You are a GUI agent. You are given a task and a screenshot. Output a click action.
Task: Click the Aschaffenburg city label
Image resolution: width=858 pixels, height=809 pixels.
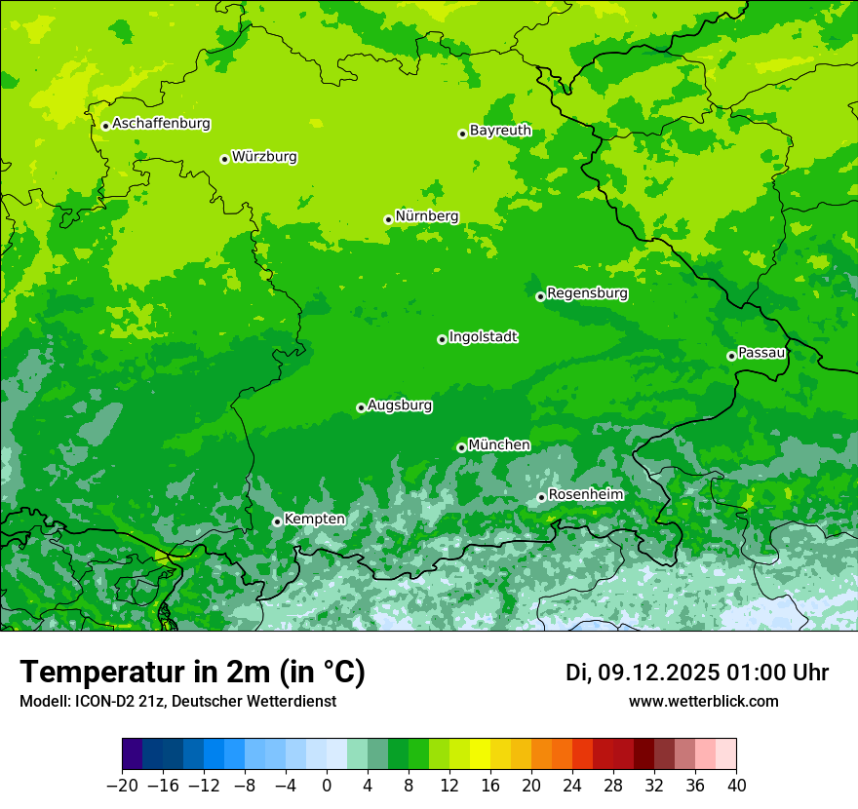pos(161,124)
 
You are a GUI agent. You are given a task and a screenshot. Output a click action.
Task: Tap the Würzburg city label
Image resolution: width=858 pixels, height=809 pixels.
pos(264,157)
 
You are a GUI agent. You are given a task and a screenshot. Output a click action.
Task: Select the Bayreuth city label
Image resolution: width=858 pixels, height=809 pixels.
pos(500,131)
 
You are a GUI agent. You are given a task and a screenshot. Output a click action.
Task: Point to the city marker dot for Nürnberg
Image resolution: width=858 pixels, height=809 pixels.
pos(388,219)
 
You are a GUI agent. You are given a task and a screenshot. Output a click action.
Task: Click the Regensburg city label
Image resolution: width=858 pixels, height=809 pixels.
pos(587,293)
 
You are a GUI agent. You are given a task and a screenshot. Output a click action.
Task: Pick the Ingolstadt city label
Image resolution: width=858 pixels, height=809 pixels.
pos(483,337)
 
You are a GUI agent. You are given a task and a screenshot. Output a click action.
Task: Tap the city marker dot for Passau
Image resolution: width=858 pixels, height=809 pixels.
pos(731,356)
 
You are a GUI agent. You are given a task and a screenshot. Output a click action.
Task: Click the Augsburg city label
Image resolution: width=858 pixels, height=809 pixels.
pos(400,405)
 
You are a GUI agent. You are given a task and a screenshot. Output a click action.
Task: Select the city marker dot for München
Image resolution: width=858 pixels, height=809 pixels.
pos(461,447)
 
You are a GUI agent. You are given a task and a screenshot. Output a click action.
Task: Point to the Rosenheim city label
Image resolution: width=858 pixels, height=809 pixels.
pos(585,495)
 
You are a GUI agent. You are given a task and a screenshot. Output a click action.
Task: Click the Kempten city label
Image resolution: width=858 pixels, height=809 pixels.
pos(314,520)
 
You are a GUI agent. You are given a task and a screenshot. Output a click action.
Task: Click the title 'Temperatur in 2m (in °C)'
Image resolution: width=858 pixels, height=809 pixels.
pos(192,673)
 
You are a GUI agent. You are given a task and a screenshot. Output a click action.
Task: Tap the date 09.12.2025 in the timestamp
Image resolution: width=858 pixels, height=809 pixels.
pos(658,673)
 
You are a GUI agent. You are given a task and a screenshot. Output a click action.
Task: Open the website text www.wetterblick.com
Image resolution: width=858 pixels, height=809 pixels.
pos(703,701)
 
